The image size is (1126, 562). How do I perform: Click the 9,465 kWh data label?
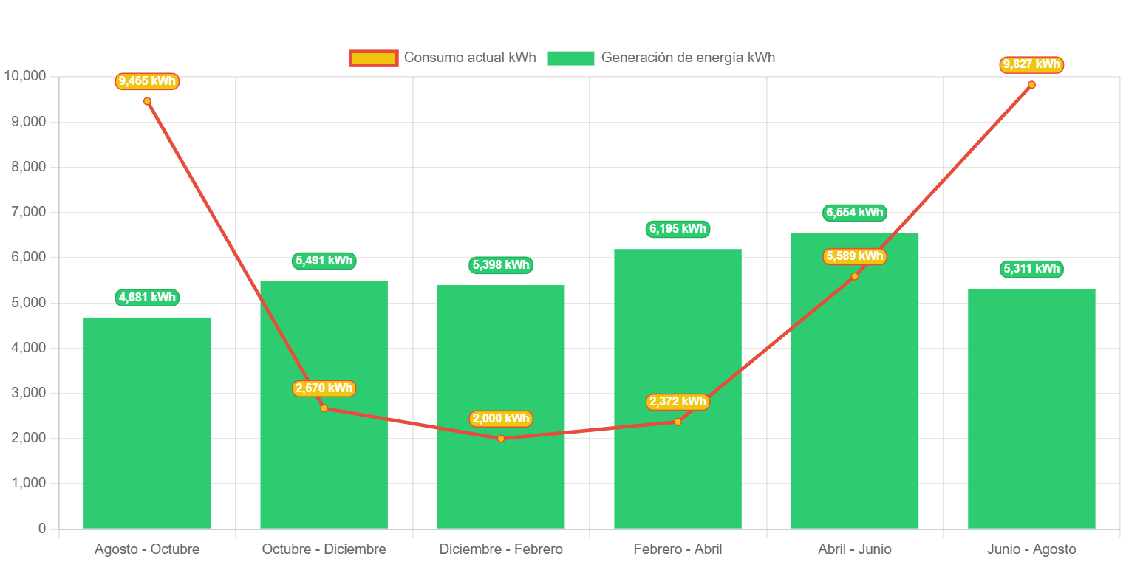click(x=147, y=81)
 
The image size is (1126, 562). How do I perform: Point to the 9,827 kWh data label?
click(x=1031, y=65)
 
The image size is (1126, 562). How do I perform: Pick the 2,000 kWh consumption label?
click(x=501, y=419)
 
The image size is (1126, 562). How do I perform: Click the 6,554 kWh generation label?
click(x=854, y=213)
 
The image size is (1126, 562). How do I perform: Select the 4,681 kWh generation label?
click(x=147, y=298)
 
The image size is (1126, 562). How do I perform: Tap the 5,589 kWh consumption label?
click(x=854, y=256)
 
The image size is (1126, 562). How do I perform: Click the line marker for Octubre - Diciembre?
click(x=324, y=408)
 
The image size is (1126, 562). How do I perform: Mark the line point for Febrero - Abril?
click(x=678, y=422)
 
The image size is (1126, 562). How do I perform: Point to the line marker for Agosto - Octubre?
click(x=147, y=101)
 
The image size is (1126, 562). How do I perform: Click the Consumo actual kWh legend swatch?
click(x=374, y=58)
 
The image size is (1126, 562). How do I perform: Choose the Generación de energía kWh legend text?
click(x=688, y=58)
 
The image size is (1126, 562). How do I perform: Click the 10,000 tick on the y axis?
click(x=24, y=76)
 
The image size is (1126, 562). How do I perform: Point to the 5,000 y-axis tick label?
click(x=27, y=303)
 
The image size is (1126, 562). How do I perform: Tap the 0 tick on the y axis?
click(x=41, y=529)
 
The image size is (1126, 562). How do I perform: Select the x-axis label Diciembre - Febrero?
click(x=501, y=549)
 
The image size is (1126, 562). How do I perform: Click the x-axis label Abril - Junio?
click(x=854, y=549)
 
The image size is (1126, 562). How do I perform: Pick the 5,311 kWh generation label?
click(x=1031, y=269)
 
